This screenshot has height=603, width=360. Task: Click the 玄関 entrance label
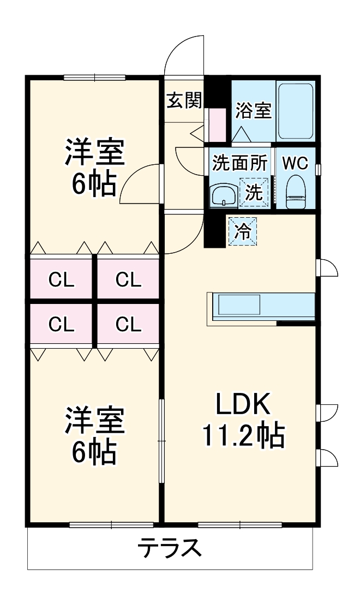point(184,100)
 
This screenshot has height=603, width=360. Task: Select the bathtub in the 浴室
point(295,111)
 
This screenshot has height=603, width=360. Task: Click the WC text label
point(295,163)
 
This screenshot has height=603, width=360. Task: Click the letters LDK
point(243,404)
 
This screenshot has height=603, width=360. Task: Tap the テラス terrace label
point(169,548)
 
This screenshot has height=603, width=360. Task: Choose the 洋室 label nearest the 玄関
point(95,153)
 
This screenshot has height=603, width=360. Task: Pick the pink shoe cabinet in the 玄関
point(217,125)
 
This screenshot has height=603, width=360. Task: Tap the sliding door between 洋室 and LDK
point(161,441)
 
